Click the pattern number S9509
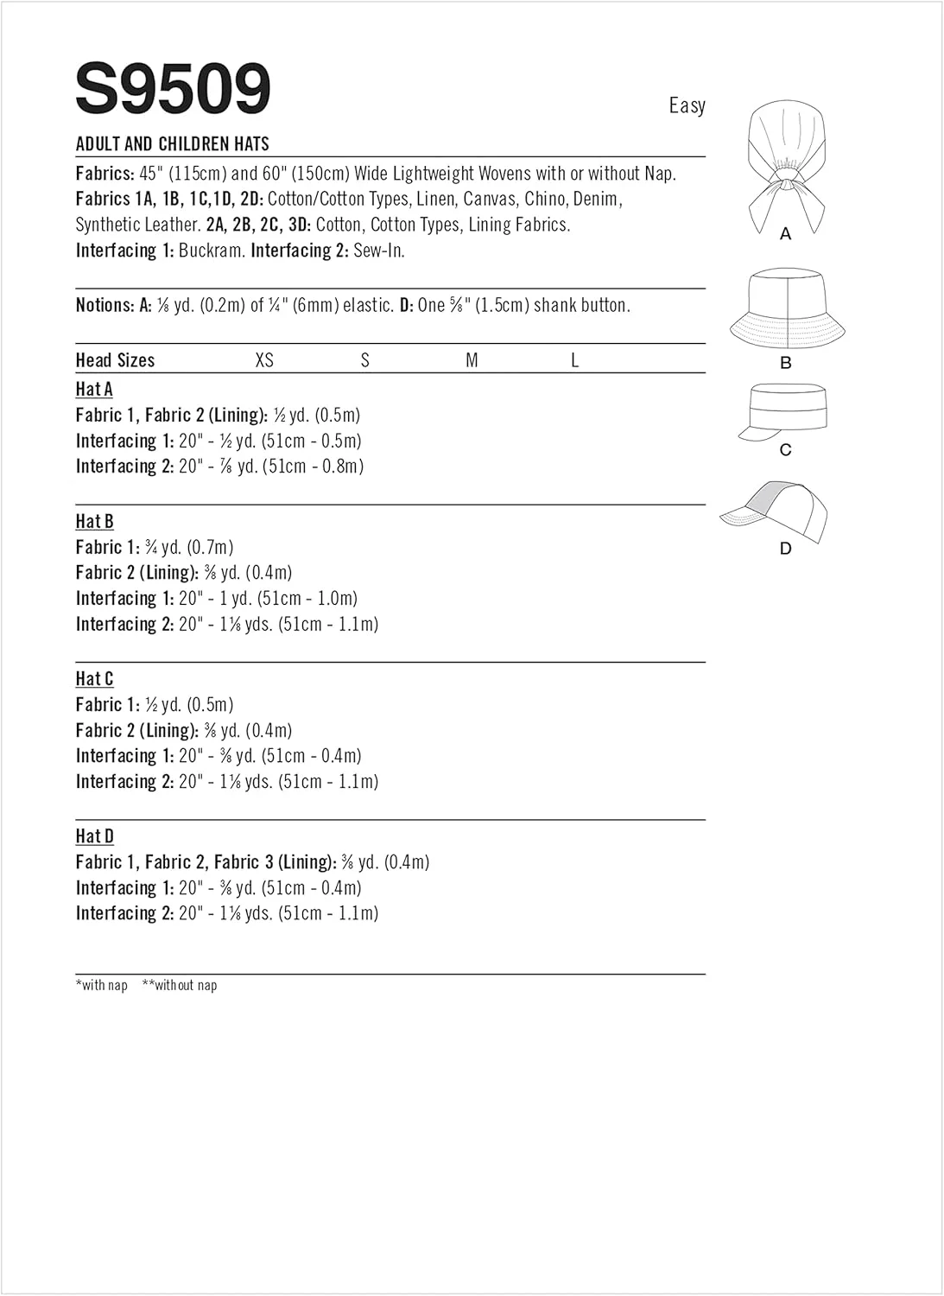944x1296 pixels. pyautogui.click(x=173, y=88)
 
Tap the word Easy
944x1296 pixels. pyautogui.click(x=687, y=105)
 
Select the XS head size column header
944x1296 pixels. pyautogui.click(x=264, y=360)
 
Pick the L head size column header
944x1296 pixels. pyautogui.click(x=574, y=360)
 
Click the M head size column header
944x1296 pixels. pyautogui.click(x=472, y=360)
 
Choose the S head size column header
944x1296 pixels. pyautogui.click(x=365, y=360)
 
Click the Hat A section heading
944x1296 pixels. pyautogui.click(x=94, y=390)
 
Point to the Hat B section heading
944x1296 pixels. pyautogui.click(x=94, y=521)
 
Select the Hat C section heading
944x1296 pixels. pyautogui.click(x=94, y=679)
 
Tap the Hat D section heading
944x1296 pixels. pyautogui.click(x=94, y=836)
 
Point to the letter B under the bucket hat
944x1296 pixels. pyautogui.click(x=785, y=363)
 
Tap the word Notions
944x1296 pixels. pyautogui.click(x=105, y=305)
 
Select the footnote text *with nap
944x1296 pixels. pyautogui.click(x=102, y=985)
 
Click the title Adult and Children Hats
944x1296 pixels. pyautogui.click(x=173, y=143)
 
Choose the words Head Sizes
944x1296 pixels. pyautogui.click(x=115, y=360)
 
